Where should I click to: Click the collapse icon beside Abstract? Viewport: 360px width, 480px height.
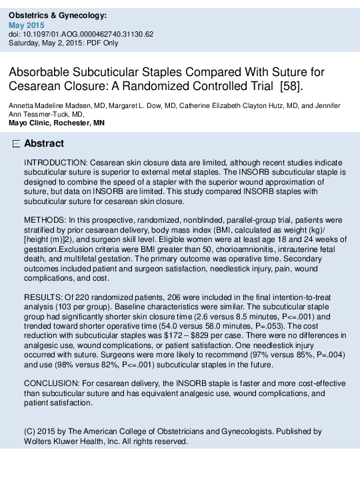(x=17, y=144)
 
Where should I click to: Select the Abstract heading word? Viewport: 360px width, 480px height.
(x=44, y=144)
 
